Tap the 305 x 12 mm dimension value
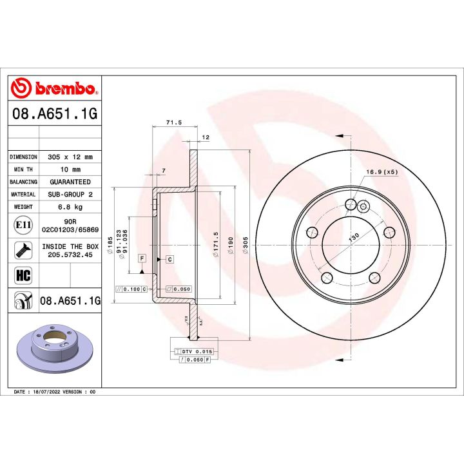70,157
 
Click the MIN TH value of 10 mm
70,169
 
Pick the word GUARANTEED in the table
70,182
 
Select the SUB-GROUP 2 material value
70,194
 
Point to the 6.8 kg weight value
70,207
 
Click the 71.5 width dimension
173,122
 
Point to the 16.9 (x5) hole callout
382,172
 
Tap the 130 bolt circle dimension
354,237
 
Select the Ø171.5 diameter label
217,245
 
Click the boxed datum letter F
141,258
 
